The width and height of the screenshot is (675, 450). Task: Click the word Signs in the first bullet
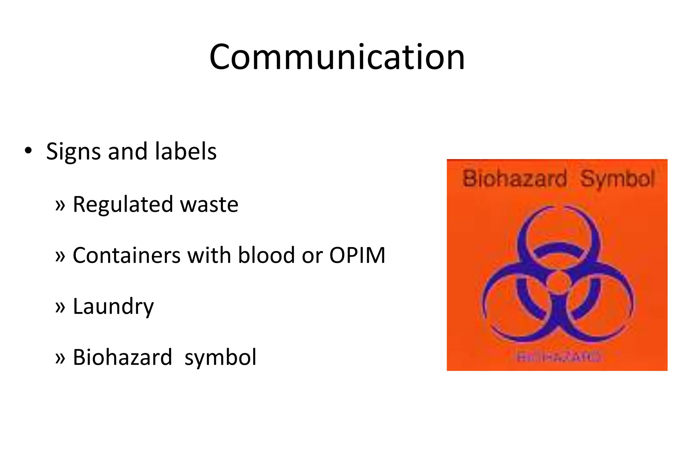pos(73,152)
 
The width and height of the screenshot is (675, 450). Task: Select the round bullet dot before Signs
pos(28,151)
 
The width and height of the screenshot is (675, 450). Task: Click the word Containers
pos(127,255)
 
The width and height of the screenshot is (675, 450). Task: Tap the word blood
pos(266,255)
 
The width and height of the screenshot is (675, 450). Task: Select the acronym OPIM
pos(357,255)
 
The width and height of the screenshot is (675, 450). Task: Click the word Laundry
pos(113,307)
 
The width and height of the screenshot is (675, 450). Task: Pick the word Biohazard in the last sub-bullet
pos(122,357)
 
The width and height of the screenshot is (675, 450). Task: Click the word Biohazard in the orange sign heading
pos(514,179)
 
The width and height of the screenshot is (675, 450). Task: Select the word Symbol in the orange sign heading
pos(617,180)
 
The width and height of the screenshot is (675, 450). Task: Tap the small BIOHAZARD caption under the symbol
pos(558,356)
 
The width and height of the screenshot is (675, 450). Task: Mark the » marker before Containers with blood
pos(60,256)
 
